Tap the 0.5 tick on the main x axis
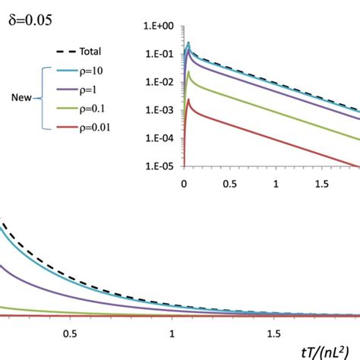pyautogui.click(x=71, y=333)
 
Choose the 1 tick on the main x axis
pyautogui.click(x=173, y=333)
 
